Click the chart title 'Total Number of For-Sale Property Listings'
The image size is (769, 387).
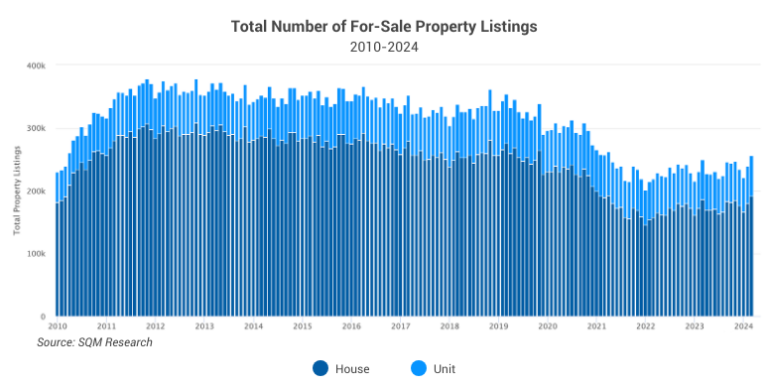(384, 26)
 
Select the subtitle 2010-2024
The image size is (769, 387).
(384, 47)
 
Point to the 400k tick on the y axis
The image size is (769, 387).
(36, 65)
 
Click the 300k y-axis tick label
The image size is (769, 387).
(36, 128)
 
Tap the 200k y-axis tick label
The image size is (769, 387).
(36, 191)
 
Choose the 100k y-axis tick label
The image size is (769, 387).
(36, 253)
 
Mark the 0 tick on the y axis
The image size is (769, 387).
(43, 316)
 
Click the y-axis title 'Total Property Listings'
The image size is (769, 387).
(17, 192)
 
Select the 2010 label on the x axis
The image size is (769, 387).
(58, 325)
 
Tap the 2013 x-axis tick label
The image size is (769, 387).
(203, 325)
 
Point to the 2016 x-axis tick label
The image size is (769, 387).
(350, 325)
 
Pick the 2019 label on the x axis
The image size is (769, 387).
(498, 325)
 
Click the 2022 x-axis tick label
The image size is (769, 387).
(645, 325)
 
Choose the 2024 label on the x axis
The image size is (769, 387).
(742, 325)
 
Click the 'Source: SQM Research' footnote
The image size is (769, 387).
(95, 342)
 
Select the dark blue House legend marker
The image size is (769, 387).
(320, 368)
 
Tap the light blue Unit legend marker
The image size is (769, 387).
(417, 368)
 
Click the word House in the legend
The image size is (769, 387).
(351, 369)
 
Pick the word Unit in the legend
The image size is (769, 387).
(444, 369)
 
